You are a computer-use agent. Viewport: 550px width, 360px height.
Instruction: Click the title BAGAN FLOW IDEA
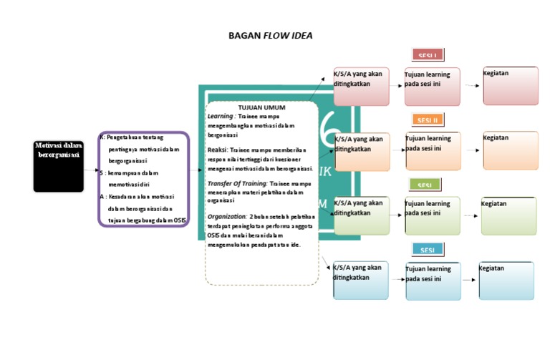(270, 35)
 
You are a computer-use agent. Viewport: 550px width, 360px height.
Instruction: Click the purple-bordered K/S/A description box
(144, 179)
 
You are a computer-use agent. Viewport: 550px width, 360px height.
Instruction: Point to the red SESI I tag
(428, 55)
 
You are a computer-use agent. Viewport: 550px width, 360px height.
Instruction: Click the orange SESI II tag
(428, 120)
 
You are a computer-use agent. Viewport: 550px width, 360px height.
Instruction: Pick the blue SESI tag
(428, 250)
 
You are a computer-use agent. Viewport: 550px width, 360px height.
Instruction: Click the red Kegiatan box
(511, 86)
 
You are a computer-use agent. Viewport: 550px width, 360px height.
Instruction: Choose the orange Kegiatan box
(510, 150)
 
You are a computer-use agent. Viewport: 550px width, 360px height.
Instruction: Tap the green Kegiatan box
(508, 216)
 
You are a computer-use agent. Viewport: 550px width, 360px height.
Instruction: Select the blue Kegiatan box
(506, 281)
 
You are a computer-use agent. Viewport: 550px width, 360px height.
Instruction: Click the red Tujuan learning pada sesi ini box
(432, 87)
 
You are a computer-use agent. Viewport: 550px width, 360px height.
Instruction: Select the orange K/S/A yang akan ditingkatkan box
(362, 152)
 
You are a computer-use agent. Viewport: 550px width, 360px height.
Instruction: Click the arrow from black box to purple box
(91, 170)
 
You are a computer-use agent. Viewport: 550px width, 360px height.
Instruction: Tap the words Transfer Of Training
(236, 184)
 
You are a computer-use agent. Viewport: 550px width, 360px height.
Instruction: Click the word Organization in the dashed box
(226, 215)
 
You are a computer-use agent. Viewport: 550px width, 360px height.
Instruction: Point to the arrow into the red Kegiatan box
(472, 86)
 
